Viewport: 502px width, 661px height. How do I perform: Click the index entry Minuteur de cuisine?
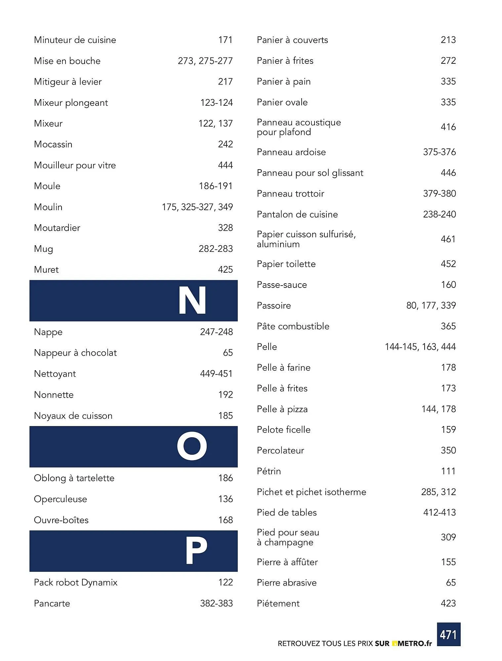point(75,40)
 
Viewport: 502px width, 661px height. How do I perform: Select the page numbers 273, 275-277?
point(205,61)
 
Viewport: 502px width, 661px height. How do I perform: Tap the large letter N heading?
point(192,300)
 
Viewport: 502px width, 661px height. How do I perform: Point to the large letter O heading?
point(192,447)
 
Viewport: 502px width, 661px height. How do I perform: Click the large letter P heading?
point(196,551)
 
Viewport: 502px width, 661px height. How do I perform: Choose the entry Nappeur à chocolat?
point(75,353)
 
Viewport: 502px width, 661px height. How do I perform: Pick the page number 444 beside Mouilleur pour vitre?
point(225,165)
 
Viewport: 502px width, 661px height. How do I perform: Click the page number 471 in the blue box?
point(448,635)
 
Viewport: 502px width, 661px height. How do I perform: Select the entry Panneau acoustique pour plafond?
point(299,127)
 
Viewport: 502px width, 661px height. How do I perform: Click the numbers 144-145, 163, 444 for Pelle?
point(420,347)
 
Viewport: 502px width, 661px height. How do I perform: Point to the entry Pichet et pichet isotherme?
point(311,492)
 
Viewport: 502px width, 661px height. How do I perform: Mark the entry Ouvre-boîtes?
point(61,520)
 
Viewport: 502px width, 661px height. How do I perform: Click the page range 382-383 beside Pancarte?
point(216,603)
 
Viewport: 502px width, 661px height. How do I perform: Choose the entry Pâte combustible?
point(293,326)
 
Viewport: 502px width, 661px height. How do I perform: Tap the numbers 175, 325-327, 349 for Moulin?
point(197,207)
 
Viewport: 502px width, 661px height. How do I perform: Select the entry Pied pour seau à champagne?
point(288,537)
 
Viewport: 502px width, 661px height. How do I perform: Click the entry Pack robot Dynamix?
point(75,582)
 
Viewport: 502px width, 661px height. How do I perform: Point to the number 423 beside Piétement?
point(448,603)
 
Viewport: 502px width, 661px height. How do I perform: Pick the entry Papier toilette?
point(286,264)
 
